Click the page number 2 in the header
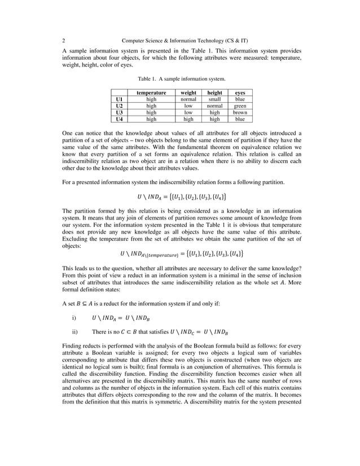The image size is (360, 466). (63, 41)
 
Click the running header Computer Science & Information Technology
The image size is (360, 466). (185, 41)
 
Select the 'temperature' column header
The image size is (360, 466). (151, 92)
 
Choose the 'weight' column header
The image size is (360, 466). (188, 92)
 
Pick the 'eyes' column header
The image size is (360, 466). (240, 92)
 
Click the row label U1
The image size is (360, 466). (118, 99)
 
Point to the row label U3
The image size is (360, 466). (118, 112)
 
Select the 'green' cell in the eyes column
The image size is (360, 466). (240, 105)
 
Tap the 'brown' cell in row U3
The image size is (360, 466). (240, 112)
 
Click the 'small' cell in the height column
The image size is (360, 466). (214, 99)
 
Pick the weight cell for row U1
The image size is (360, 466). (188, 99)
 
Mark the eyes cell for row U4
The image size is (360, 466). (240, 119)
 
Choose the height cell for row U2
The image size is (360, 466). (214, 105)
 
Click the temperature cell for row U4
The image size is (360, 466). (151, 119)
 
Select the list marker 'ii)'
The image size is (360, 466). (76, 331)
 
